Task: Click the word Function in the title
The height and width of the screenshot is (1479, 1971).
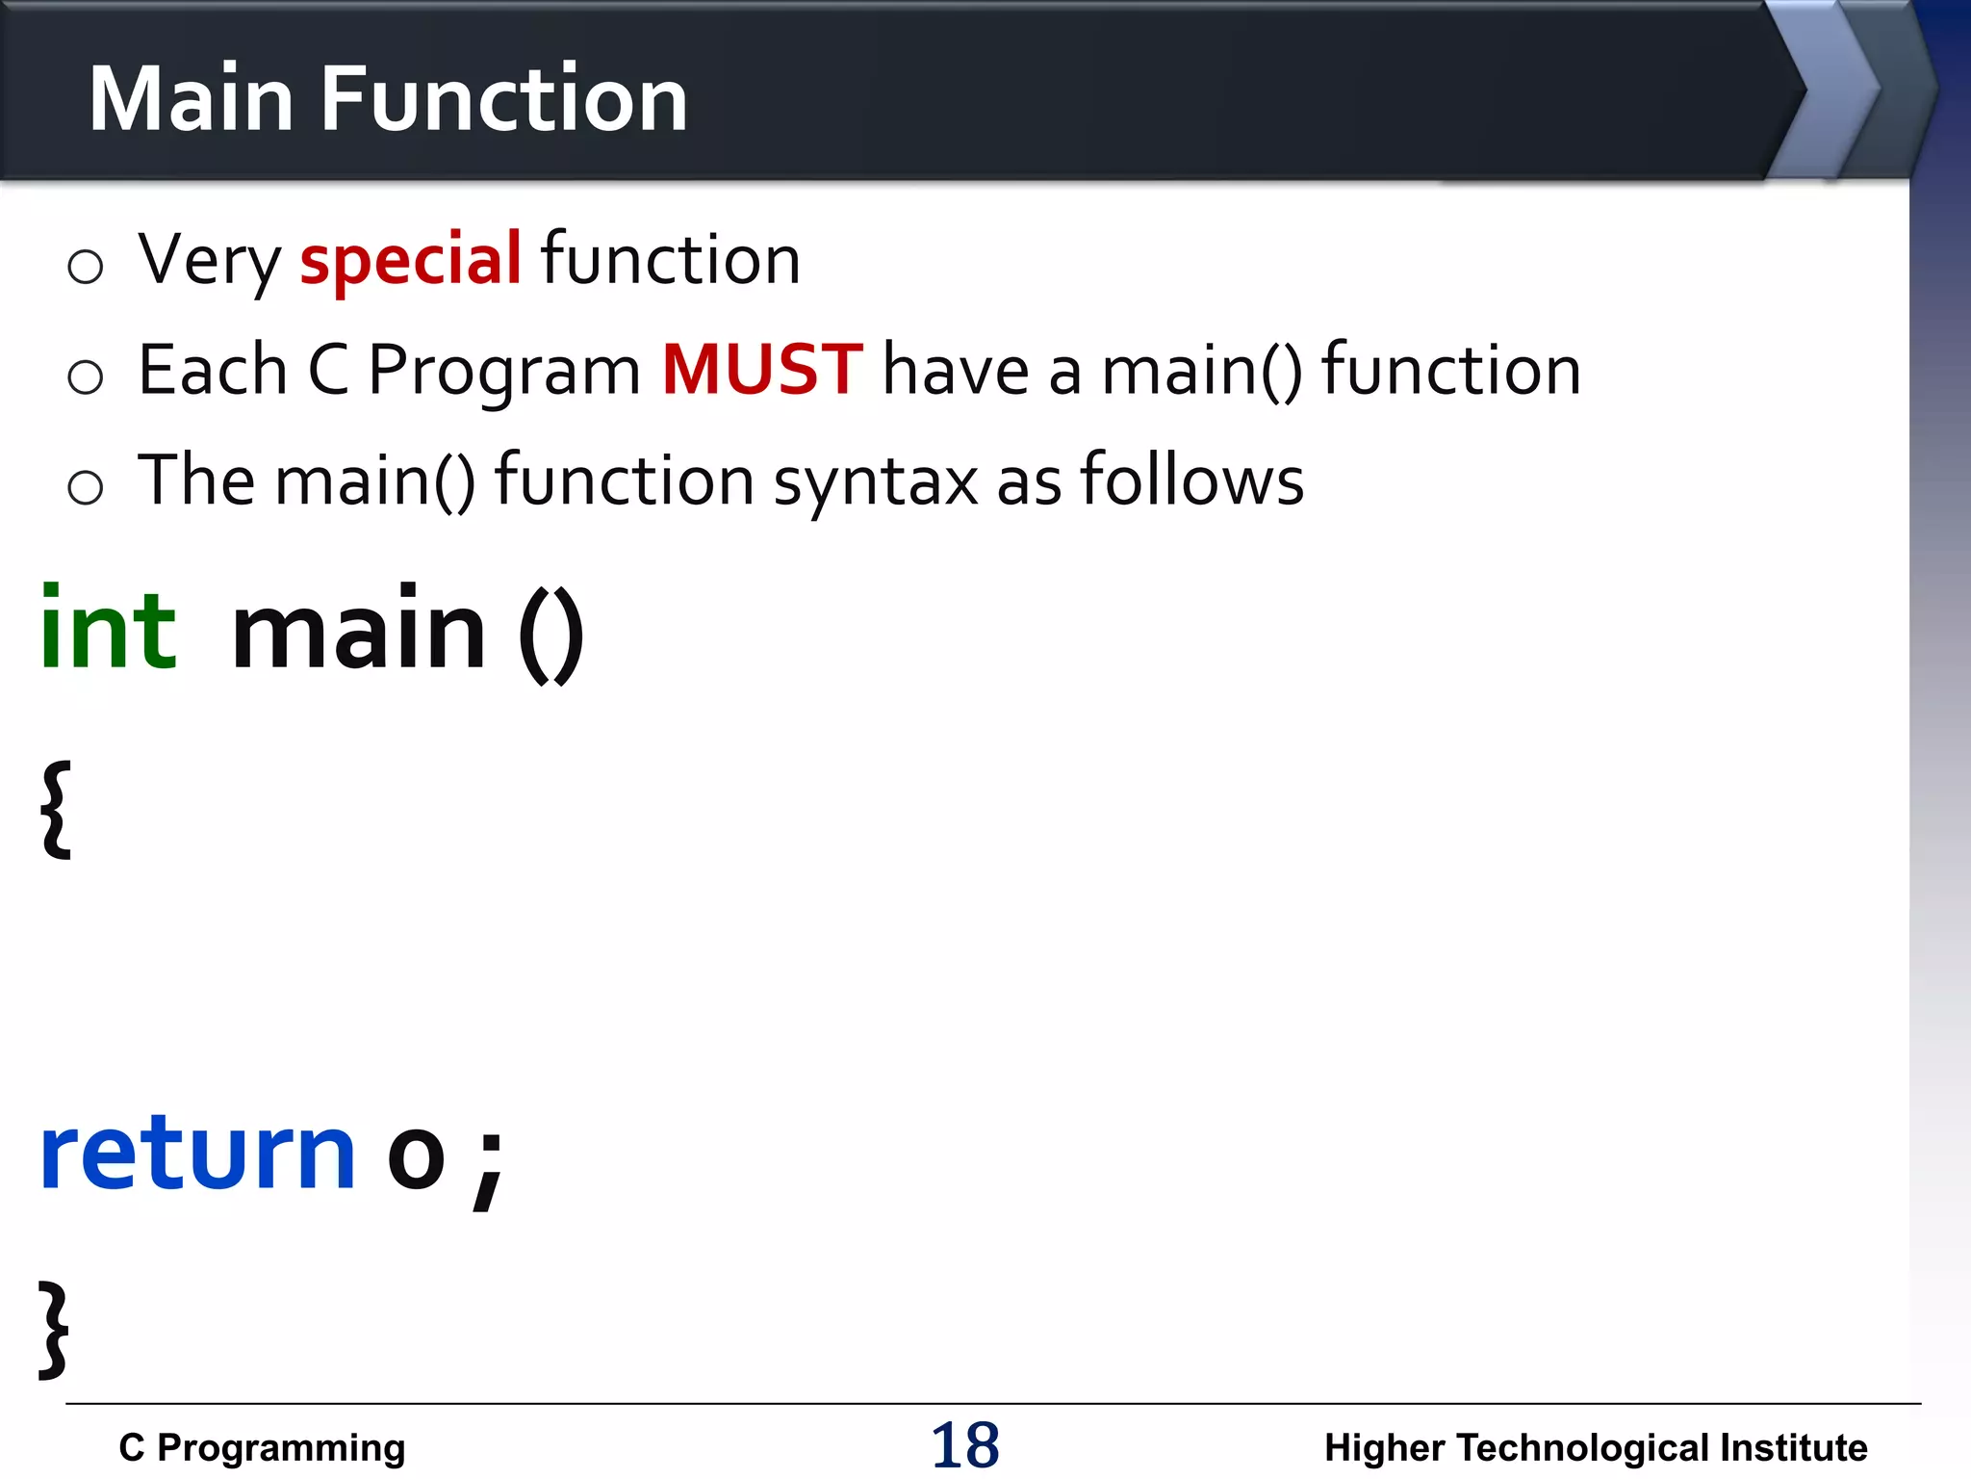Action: pyautogui.click(x=503, y=98)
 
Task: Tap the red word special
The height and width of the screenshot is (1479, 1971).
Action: pyautogui.click(x=410, y=260)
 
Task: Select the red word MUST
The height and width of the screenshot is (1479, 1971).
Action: pyautogui.click(x=762, y=370)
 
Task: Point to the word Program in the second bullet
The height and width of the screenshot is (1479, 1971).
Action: pyautogui.click(x=503, y=372)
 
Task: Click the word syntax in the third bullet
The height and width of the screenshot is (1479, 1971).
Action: pyautogui.click(x=876, y=481)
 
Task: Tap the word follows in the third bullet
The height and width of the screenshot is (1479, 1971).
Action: pyautogui.click(x=1191, y=480)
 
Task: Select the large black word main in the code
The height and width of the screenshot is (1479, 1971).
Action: pyautogui.click(x=359, y=631)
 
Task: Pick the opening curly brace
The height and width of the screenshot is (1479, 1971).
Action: pyautogui.click(x=56, y=809)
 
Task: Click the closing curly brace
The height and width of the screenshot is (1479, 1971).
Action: pyautogui.click(x=54, y=1330)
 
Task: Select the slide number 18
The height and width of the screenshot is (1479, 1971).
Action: pyautogui.click(x=964, y=1445)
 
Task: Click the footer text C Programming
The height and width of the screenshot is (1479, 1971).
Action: pyautogui.click(x=262, y=1447)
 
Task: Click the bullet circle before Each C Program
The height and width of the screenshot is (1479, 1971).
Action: pyautogui.click(x=85, y=376)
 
